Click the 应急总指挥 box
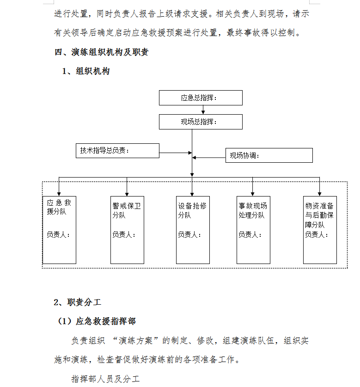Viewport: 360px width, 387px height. coord(201,98)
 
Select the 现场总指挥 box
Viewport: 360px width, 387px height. coord(201,122)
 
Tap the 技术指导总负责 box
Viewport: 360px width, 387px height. coord(117,151)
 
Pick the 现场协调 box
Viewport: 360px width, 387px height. coord(269,155)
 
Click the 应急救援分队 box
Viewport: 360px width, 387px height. coord(59,230)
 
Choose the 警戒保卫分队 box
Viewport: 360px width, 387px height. coord(127,230)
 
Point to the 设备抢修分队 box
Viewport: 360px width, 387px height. coord(193,230)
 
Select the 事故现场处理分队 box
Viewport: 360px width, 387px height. coord(253,230)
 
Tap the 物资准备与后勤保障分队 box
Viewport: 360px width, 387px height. coord(320,230)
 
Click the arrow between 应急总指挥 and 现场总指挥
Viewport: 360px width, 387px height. coord(203,110)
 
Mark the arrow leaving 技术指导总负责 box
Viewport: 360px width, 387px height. coord(176,153)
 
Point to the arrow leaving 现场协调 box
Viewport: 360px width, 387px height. coord(209,158)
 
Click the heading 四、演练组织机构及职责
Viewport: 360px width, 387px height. coord(101,52)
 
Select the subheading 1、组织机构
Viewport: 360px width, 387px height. coord(86,71)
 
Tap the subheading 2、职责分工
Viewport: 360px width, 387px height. coord(78,302)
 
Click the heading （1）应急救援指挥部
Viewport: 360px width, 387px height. coord(97,321)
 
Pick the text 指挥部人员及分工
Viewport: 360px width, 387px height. coord(106,379)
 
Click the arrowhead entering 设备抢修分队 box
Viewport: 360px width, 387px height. coord(192,195)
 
